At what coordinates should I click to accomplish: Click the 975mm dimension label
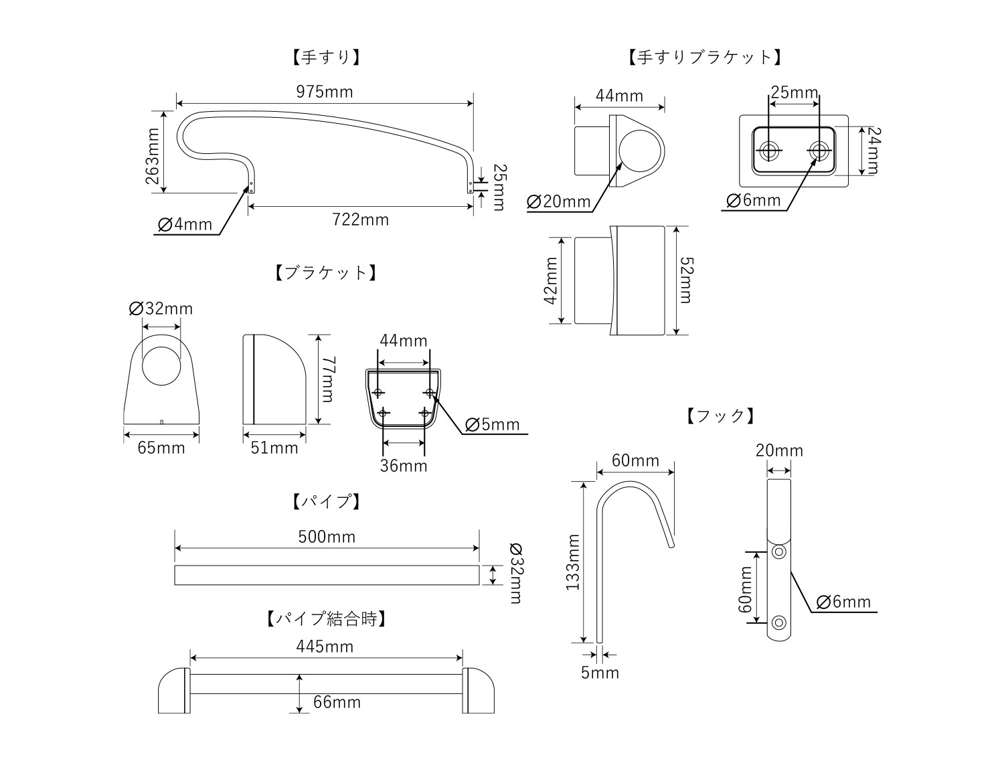pos(325,92)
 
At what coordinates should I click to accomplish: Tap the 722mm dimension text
pos(361,220)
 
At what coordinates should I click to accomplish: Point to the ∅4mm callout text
pos(185,224)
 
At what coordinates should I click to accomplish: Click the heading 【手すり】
pos(325,57)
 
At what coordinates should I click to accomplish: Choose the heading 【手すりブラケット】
pos(705,57)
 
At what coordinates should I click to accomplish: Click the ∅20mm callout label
pos(559,201)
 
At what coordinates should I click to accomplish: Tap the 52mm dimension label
pos(685,280)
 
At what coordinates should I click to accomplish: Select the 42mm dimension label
pos(551,280)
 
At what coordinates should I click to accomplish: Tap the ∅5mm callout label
pos(492,425)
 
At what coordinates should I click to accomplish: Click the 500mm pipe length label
pos(327,537)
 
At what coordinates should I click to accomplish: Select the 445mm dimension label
pos(325,647)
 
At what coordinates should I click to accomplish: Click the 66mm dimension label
pos(337,702)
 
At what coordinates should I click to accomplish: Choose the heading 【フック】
pos(721,416)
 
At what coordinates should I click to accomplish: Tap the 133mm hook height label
pos(573,562)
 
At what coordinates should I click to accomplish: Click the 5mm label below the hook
pos(600,673)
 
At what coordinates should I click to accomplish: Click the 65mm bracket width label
pos(161,448)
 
